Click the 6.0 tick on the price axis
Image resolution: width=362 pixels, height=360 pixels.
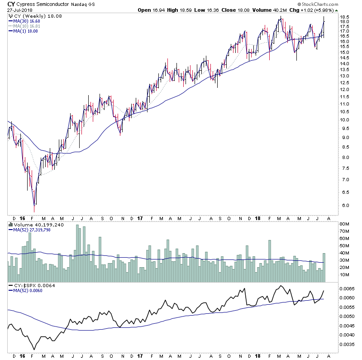[344, 205]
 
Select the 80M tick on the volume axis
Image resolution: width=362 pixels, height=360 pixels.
[346, 224]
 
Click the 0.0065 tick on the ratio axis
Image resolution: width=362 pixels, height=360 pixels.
[348, 288]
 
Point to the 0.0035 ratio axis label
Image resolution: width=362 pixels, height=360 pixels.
[348, 344]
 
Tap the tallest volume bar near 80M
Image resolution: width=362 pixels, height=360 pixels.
[77, 247]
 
